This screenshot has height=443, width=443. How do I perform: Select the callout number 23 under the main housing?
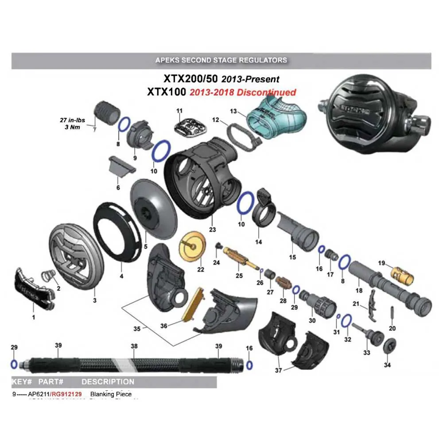click(x=212, y=229)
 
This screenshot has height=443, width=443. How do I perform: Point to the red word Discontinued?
click(x=267, y=93)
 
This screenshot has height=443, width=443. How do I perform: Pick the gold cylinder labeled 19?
click(x=402, y=274)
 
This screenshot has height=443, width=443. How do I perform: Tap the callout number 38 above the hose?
click(x=134, y=346)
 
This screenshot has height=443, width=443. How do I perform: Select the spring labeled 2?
click(x=47, y=277)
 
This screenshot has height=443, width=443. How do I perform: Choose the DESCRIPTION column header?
click(x=108, y=381)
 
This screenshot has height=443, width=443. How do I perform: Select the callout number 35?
click(x=137, y=329)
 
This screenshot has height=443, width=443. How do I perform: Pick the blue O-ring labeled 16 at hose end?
click(x=249, y=365)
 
